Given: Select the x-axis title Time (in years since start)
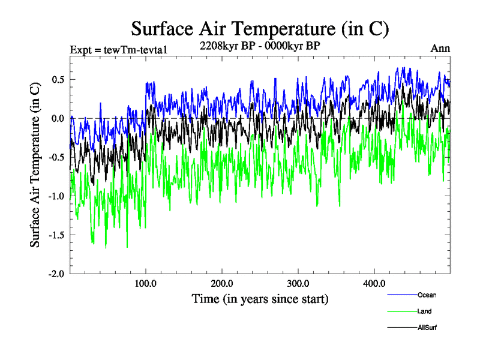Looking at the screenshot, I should (x=260, y=298).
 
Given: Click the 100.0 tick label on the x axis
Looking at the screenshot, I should (x=146, y=283).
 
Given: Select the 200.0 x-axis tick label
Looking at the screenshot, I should (x=222, y=283).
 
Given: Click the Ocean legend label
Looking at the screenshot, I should (x=427, y=295).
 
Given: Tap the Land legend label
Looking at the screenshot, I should (x=424, y=311).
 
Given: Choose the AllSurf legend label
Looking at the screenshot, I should (x=428, y=328).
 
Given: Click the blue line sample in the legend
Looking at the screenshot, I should (x=402, y=295).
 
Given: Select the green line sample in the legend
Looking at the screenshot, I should (x=402, y=311).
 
